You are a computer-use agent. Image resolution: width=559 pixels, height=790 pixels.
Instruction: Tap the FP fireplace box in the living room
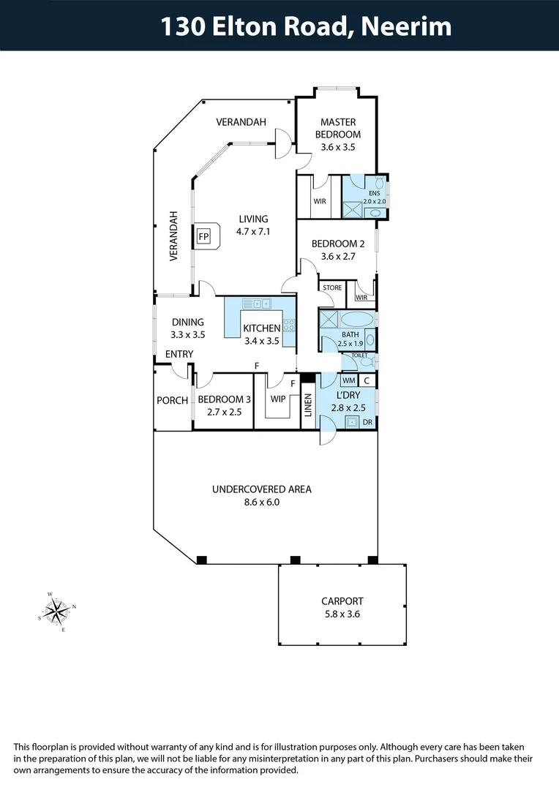coord(203,237)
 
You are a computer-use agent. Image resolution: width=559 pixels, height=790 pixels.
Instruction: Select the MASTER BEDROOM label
coord(337,128)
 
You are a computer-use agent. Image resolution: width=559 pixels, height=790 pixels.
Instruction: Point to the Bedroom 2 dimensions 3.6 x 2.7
coord(337,257)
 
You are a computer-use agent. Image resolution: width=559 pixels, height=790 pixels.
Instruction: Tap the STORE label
coord(332,287)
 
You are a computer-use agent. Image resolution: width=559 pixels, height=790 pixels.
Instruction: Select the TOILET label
coord(359,355)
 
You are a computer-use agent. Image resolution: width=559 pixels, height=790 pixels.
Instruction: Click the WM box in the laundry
coord(349,380)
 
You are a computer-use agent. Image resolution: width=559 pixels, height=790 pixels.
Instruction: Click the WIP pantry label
coord(277,399)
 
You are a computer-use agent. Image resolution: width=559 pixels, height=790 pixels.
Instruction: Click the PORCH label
coord(172,400)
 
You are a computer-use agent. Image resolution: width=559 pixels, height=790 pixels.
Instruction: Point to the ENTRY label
coord(179,355)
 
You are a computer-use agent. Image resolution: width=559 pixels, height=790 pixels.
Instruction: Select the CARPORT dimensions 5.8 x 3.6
coord(342,614)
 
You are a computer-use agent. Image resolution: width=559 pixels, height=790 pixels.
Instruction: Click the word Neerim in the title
coord(406,27)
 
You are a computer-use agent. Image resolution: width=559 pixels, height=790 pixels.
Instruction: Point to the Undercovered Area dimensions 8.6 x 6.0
coord(261,502)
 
